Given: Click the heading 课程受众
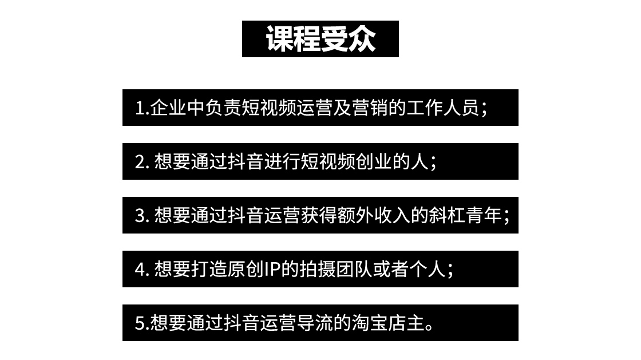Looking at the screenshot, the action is pos(320,39).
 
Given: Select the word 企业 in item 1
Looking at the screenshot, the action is pos(168,108).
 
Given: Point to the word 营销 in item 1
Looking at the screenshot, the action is pos(370,108).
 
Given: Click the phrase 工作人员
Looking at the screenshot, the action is pos(443,108).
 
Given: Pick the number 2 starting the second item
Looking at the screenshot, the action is pos(140,162).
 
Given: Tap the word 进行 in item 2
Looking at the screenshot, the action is pos(283,162).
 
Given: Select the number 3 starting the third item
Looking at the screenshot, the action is pos(140,216).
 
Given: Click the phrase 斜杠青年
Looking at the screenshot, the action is pos(466,216).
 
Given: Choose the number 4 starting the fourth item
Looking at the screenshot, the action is pos(140,270).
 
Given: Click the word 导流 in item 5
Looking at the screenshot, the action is pos(315,323).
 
